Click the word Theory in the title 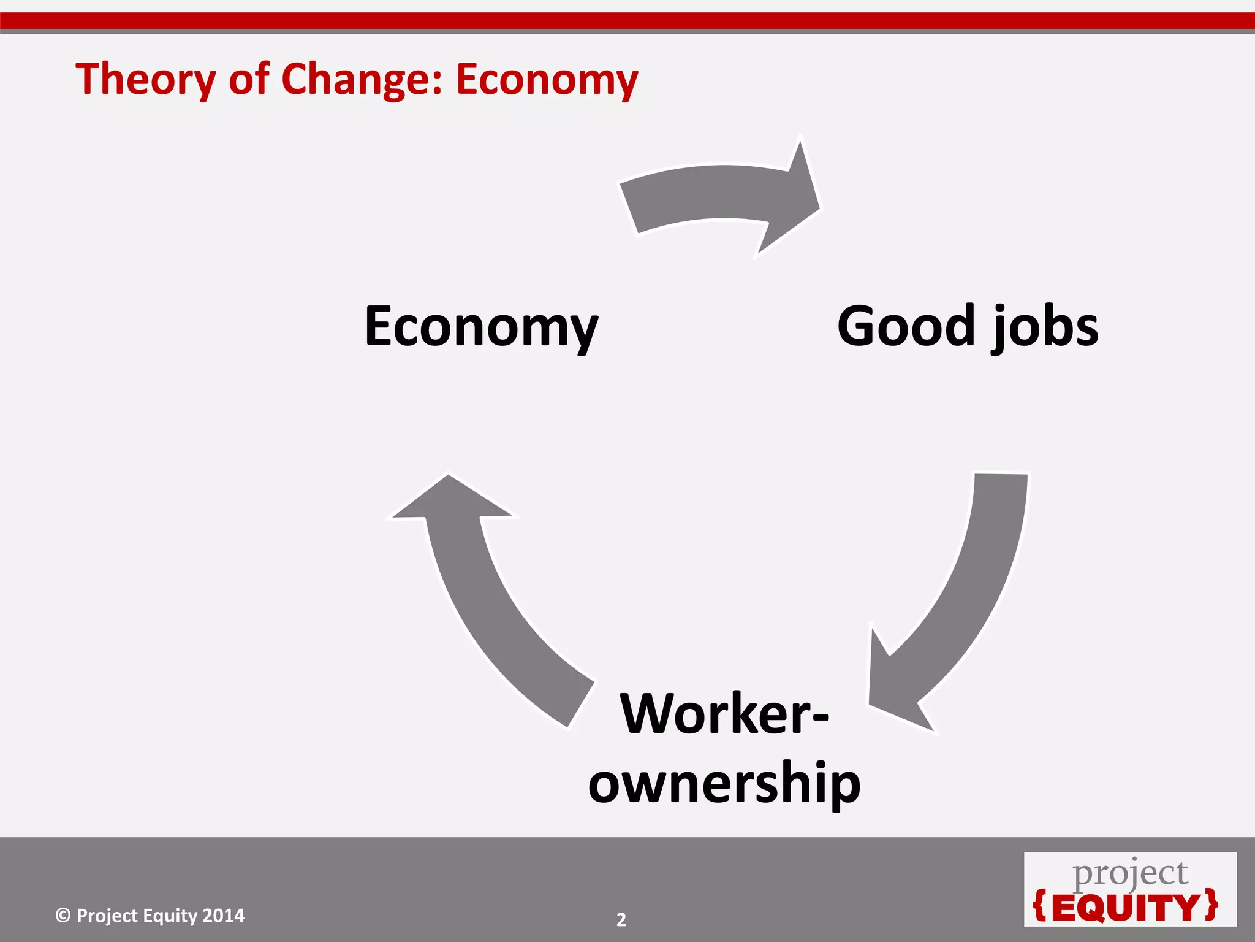[x=146, y=80]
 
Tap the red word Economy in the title [x=547, y=80]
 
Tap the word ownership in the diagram [x=724, y=783]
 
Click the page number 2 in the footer [x=621, y=920]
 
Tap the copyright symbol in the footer [x=63, y=916]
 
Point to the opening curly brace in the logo [x=1040, y=906]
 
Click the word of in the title [x=249, y=80]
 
